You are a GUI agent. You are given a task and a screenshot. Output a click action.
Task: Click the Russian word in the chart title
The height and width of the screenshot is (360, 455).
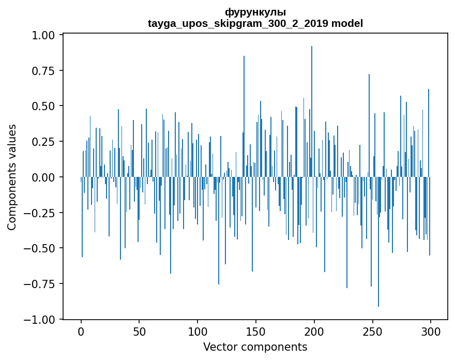[x=255, y=12]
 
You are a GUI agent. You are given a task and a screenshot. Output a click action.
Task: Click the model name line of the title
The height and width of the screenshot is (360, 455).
[x=255, y=23]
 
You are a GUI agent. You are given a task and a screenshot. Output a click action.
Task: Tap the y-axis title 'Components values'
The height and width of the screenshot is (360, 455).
[x=11, y=177]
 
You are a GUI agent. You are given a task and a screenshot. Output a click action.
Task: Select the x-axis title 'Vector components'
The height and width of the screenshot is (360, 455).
[x=255, y=347]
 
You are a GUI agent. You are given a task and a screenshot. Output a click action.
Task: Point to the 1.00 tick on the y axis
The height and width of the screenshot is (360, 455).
[x=43, y=35]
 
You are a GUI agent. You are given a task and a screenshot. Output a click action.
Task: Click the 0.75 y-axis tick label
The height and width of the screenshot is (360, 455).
[x=43, y=70]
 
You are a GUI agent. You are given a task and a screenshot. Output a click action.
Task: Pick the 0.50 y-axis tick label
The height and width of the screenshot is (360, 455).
[x=43, y=106]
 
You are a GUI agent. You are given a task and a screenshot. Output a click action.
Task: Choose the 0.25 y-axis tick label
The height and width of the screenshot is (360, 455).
[x=43, y=142]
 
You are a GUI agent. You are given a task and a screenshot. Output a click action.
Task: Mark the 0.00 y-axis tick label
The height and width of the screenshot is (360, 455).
[x=43, y=177]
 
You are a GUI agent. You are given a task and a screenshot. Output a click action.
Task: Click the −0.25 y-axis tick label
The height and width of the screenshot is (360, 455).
[x=39, y=213]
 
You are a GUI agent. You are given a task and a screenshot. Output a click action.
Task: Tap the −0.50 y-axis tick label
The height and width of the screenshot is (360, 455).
[x=39, y=248]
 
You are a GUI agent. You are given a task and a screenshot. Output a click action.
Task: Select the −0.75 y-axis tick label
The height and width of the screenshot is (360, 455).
[x=39, y=283]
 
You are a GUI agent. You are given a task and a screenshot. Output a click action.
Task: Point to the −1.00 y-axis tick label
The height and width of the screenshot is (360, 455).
[x=39, y=319]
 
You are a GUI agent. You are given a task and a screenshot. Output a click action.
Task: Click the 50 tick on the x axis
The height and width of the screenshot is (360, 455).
[x=139, y=332]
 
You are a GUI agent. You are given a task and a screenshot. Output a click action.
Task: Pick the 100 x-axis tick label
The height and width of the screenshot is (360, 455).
[x=198, y=332]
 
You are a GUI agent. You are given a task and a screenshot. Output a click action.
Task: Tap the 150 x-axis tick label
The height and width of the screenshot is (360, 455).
[x=256, y=332]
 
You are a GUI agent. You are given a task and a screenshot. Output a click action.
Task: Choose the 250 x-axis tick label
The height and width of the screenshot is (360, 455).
[x=372, y=332]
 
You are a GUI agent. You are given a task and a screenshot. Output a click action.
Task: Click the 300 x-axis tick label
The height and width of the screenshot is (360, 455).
[x=431, y=332]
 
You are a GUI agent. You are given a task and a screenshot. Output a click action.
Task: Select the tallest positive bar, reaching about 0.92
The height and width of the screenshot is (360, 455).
[x=312, y=112]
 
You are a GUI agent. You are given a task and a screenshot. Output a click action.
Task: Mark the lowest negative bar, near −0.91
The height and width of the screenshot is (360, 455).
[x=378, y=242]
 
